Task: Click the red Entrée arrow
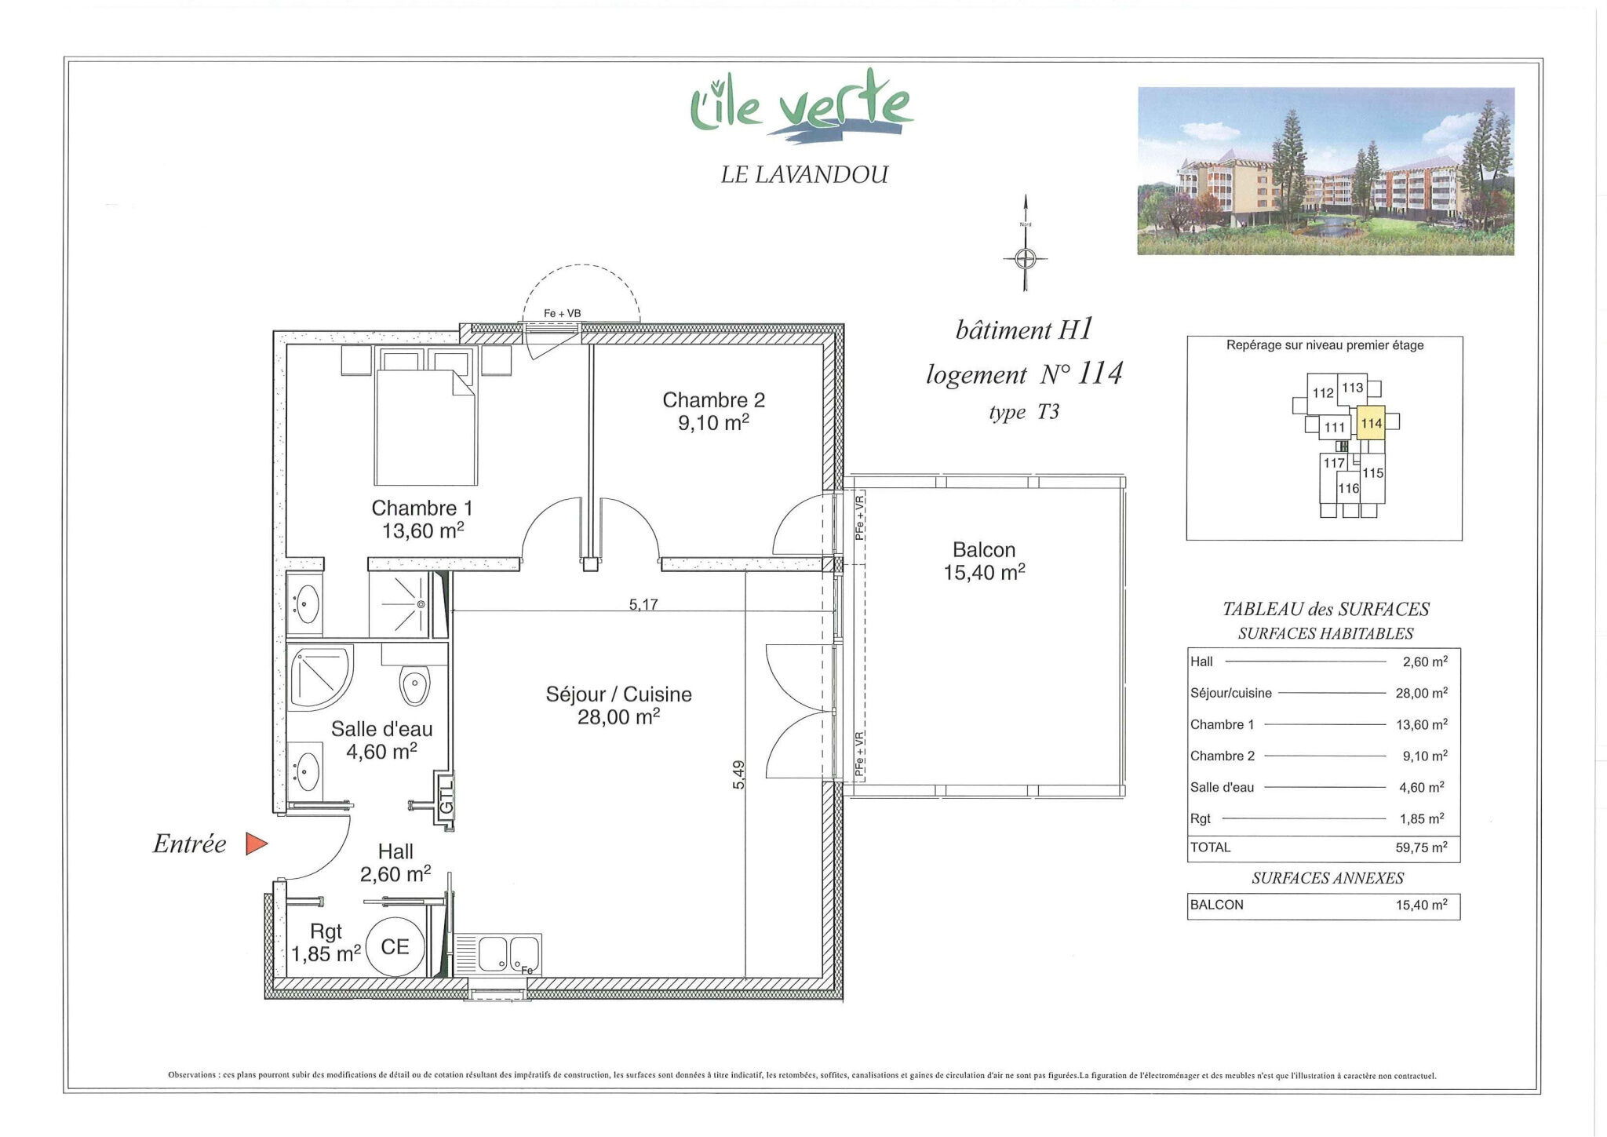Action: pyautogui.click(x=256, y=844)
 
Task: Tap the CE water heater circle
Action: pyautogui.click(x=395, y=947)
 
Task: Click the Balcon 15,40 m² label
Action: pyautogui.click(x=984, y=561)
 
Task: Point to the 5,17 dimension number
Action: pyautogui.click(x=643, y=604)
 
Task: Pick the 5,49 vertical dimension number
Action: pyautogui.click(x=738, y=774)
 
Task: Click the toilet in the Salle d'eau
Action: pyautogui.click(x=414, y=686)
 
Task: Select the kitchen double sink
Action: pyautogui.click(x=498, y=954)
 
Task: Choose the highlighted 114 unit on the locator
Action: pyautogui.click(x=1371, y=424)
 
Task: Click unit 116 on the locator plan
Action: pyautogui.click(x=1348, y=488)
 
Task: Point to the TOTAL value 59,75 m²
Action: pyautogui.click(x=1423, y=847)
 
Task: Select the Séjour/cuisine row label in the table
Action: pyautogui.click(x=1230, y=693)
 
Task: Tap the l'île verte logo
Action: pyautogui.click(x=801, y=108)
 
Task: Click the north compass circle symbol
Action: pyautogui.click(x=1026, y=257)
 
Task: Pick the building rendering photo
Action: pyautogui.click(x=1325, y=171)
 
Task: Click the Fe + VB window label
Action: pyautogui.click(x=562, y=313)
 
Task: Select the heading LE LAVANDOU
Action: pyautogui.click(x=804, y=174)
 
